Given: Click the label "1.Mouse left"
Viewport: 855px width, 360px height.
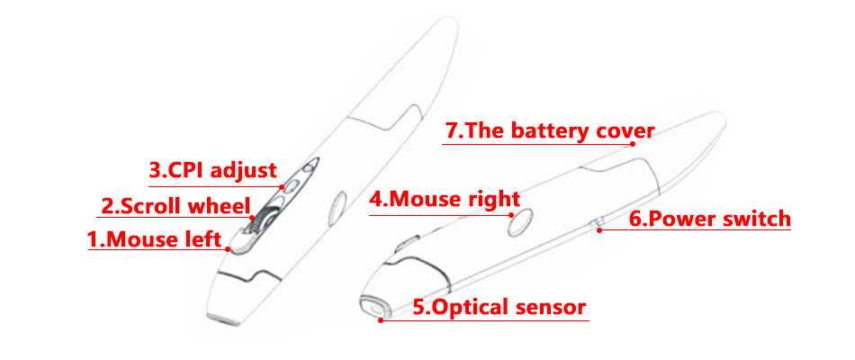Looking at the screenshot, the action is [154, 239].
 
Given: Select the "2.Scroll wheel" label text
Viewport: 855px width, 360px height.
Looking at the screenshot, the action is [175, 207].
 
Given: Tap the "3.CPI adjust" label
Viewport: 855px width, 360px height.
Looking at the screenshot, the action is [213, 170].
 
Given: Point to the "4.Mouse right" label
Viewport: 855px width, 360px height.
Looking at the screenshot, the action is [445, 199].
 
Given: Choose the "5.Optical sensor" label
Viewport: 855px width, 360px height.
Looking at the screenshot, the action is [499, 307].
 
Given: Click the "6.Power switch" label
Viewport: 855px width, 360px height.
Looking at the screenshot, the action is [710, 219].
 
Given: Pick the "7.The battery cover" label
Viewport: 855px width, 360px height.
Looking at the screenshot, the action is [550, 130].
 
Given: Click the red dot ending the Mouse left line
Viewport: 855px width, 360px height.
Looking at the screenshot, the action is [228, 249].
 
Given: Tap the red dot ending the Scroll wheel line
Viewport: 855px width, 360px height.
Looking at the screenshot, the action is [253, 217].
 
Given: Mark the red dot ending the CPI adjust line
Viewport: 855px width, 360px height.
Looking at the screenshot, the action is [282, 186].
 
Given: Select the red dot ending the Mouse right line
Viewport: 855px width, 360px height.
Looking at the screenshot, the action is [511, 214].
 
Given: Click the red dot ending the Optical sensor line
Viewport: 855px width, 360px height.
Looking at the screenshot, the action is [382, 320].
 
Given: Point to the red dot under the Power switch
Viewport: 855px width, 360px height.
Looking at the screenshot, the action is [599, 230].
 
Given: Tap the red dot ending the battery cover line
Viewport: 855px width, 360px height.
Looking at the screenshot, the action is [633, 144].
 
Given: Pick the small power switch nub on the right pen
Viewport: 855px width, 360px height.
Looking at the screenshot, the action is [598, 221].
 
